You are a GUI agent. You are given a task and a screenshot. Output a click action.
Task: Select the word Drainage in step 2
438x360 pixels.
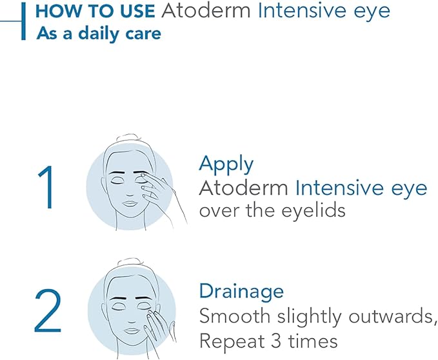241,291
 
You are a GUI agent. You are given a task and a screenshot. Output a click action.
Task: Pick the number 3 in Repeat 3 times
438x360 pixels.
280,339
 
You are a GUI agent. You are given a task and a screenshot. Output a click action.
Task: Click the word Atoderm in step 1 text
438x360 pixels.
244,188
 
